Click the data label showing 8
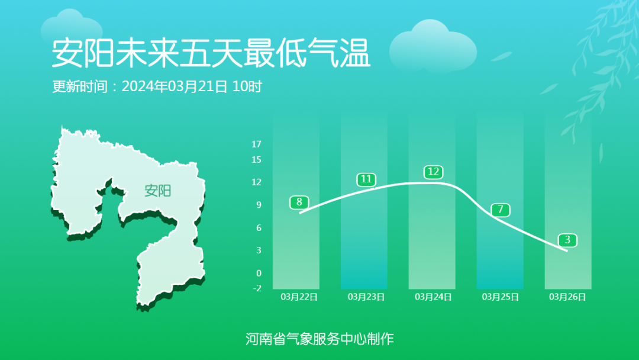(299, 202)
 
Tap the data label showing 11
(366, 179)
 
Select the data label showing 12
(433, 172)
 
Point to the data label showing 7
(501, 209)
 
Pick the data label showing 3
(567, 240)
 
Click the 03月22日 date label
(299, 297)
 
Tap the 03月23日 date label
(366, 297)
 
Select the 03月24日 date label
(433, 297)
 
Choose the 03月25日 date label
(501, 297)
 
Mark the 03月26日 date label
(567, 297)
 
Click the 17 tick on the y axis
(256, 144)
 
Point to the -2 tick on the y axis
(256, 288)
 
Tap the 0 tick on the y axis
(259, 273)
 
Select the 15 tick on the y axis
(256, 159)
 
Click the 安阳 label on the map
(157, 191)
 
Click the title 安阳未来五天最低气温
(211, 53)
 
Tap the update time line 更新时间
(157, 86)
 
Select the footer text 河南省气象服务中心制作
(319, 339)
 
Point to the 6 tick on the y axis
(259, 227)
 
